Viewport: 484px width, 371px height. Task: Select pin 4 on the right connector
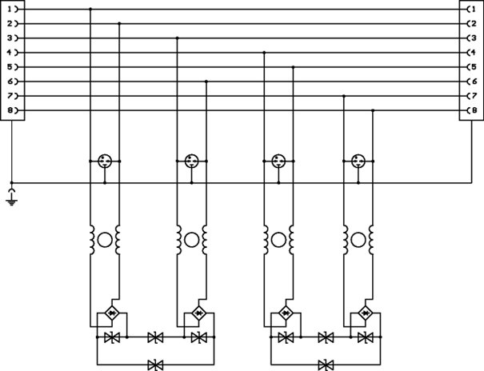point(471,52)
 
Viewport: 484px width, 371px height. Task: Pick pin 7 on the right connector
point(471,96)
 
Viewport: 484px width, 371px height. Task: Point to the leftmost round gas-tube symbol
point(105,162)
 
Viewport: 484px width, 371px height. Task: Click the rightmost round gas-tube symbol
point(358,162)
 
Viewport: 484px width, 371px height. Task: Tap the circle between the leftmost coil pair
point(105,238)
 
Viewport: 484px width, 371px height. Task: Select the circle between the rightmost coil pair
point(358,238)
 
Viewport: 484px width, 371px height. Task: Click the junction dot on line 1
point(90,9)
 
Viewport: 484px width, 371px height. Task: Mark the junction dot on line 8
point(373,110)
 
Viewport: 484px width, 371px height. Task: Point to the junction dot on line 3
point(177,38)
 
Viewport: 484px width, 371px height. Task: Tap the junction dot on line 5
point(294,67)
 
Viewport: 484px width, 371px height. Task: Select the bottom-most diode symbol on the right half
point(326,365)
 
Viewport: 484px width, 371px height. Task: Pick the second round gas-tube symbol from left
point(191,162)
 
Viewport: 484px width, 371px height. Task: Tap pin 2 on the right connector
point(471,23)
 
